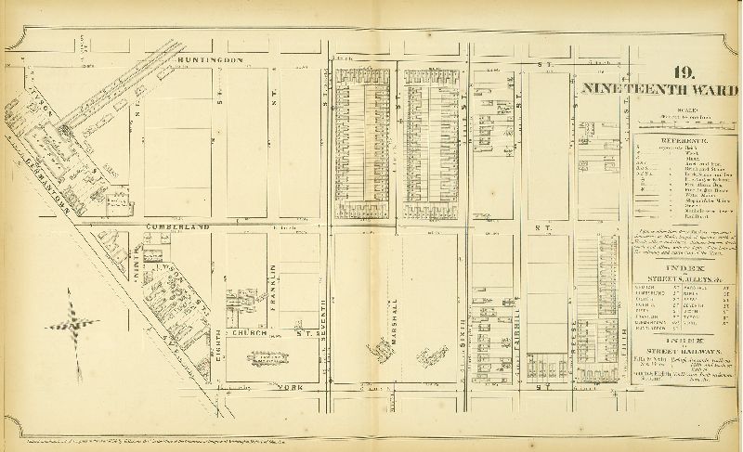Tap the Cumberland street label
coord(176,226)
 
